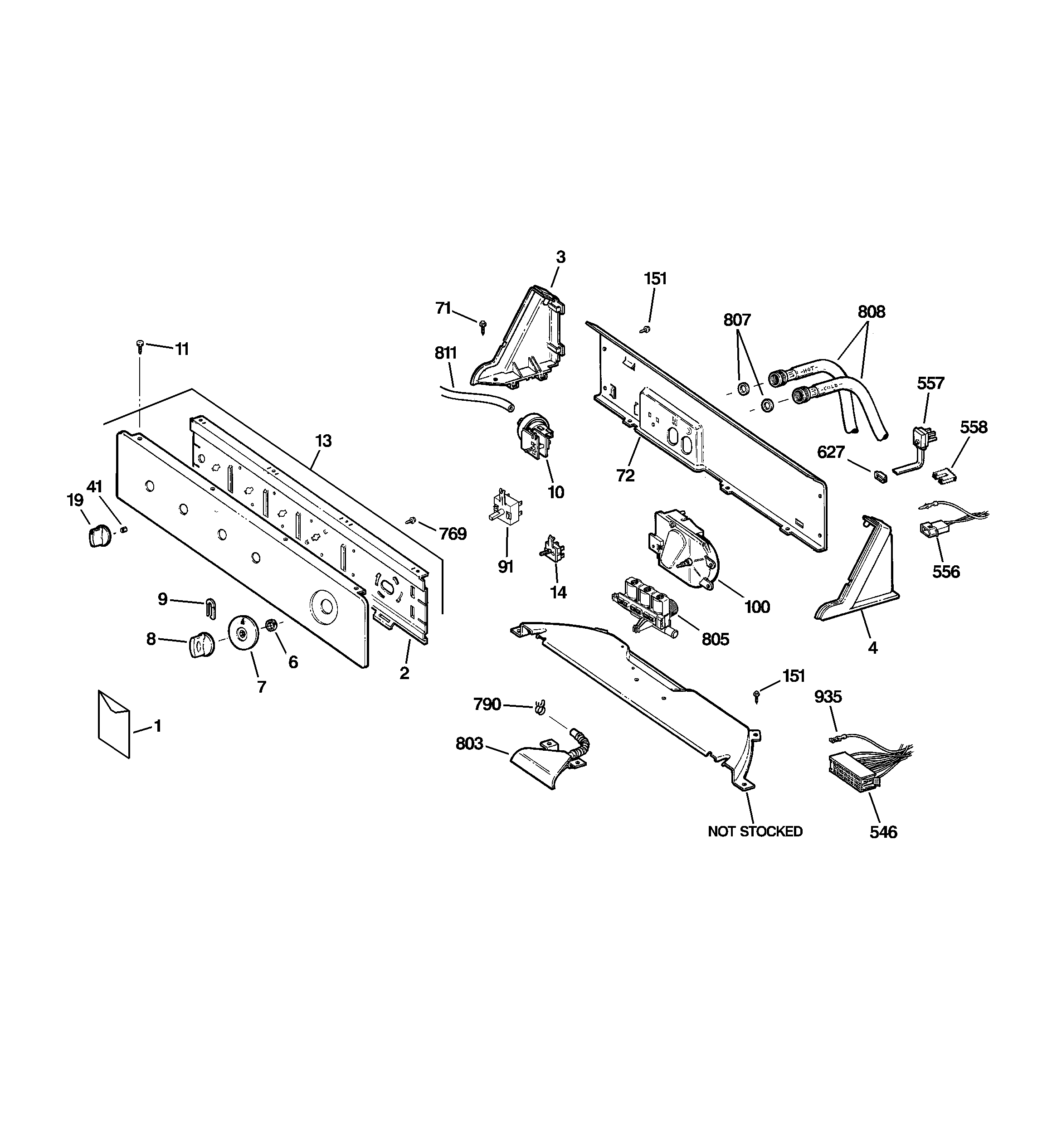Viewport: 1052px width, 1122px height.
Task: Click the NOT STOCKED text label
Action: point(755,831)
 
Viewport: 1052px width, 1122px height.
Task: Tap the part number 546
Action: point(883,832)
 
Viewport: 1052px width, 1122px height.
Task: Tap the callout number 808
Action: point(872,311)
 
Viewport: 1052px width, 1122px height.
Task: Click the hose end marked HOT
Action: point(782,375)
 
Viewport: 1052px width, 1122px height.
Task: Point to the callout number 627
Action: point(831,452)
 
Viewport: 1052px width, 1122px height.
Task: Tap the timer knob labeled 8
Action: point(200,645)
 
